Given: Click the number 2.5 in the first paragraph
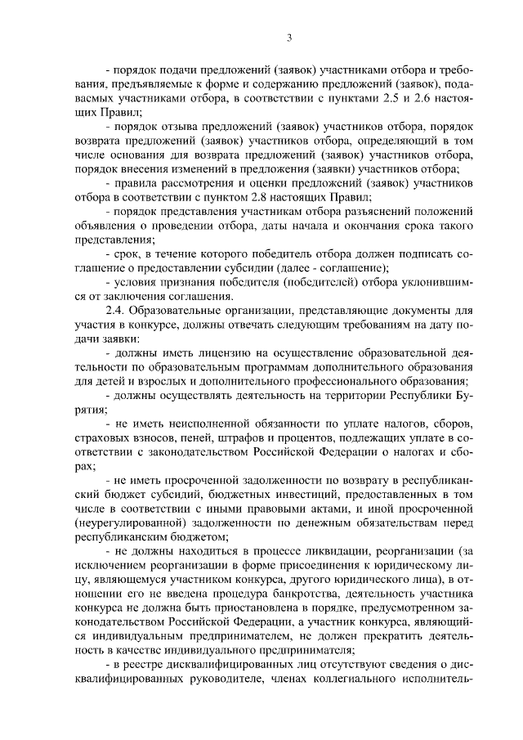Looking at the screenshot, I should (396, 98).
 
